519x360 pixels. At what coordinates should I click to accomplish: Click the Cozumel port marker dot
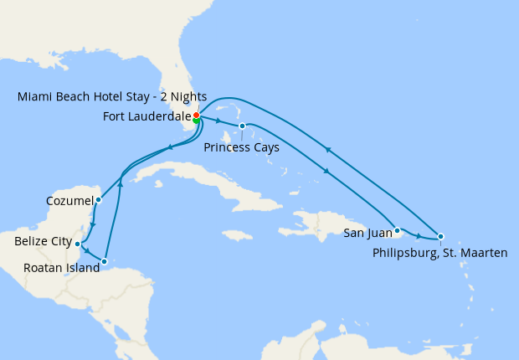coord(99,199)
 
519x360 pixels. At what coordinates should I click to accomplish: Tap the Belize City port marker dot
coord(78,244)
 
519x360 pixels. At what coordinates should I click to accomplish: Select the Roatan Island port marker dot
coord(104,262)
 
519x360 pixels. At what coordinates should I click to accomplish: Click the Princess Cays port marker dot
coord(242,126)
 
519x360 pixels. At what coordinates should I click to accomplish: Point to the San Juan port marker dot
coord(398,229)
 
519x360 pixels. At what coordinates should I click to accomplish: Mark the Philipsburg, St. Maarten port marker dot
coord(440,236)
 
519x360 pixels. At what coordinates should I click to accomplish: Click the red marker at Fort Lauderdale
coord(196,115)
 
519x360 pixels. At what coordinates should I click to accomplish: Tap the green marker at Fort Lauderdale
coord(196,121)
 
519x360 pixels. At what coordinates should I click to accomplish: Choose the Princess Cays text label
coord(241,147)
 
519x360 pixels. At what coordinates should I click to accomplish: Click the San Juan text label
coord(366,234)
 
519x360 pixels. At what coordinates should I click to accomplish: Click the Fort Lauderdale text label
coord(146,116)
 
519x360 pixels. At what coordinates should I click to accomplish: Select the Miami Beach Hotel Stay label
coord(112,97)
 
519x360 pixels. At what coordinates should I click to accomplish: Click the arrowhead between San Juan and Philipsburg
coord(418,237)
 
